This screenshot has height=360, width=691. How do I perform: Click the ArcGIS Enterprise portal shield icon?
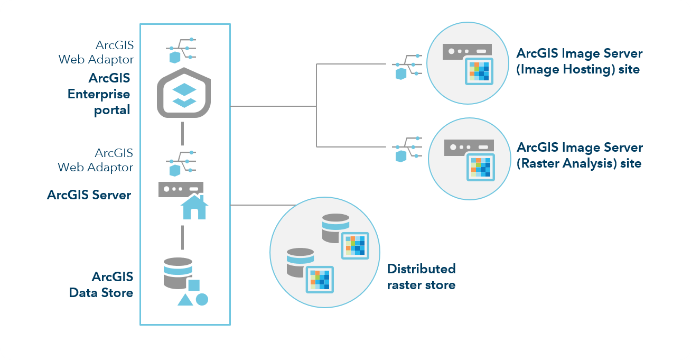click(184, 93)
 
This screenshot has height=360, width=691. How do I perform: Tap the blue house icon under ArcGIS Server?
click(194, 207)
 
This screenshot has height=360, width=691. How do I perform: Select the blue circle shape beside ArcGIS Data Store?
click(202, 299)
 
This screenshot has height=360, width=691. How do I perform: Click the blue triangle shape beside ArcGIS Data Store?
click(184, 300)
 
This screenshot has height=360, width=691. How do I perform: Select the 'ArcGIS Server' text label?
click(89, 195)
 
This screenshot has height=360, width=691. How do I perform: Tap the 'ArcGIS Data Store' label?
click(101, 284)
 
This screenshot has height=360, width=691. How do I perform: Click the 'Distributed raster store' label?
click(421, 276)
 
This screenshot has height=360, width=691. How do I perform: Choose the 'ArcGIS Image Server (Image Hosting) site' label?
click(579, 61)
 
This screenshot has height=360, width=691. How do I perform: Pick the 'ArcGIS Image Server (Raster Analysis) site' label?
click(579, 155)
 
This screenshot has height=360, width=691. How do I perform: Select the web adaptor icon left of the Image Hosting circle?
click(407, 64)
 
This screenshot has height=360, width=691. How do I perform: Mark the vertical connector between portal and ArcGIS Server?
click(182, 133)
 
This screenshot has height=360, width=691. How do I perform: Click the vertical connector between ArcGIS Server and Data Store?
click(182, 237)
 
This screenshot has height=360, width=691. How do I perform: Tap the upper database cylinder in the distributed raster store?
click(335, 228)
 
